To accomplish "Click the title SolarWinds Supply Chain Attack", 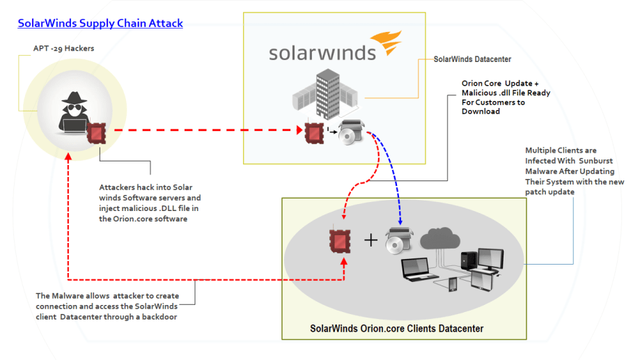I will point(100,23).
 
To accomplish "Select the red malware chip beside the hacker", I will point(97,130).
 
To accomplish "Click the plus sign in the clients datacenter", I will point(371,240).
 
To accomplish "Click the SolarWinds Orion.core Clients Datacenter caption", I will point(397,328).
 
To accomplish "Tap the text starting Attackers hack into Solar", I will point(150,203).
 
